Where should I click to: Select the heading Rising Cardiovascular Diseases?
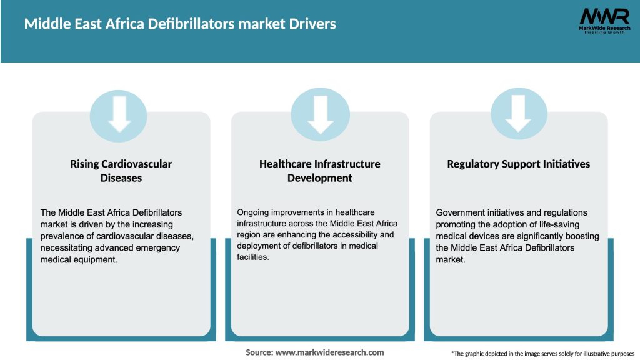pos(121,171)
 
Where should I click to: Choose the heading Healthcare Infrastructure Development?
pos(319,171)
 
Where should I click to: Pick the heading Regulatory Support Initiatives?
pos(519,164)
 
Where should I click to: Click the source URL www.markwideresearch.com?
pos(329,352)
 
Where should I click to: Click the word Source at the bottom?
pos(258,352)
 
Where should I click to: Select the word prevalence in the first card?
pos(62,236)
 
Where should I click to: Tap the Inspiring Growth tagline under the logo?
pos(603,32)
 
